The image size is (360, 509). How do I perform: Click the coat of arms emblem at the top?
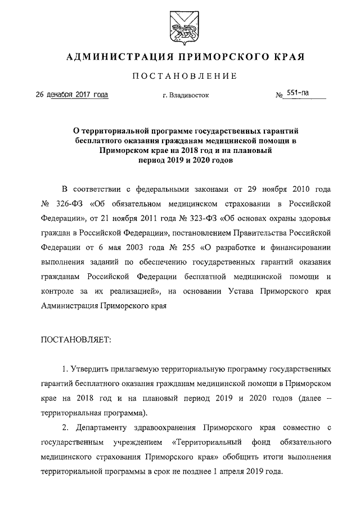tap(179, 28)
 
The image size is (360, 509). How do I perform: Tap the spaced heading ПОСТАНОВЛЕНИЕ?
tap(180, 76)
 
